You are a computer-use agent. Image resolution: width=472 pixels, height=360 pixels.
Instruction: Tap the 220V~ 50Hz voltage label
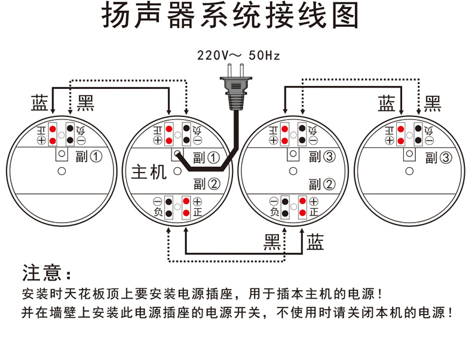pos(238,56)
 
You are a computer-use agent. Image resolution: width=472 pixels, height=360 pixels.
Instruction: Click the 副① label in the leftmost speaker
pos(89,157)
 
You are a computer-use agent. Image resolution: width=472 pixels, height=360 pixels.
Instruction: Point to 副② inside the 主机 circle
pos(206,183)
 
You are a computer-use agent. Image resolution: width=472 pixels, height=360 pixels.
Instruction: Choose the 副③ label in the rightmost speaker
pos(437,158)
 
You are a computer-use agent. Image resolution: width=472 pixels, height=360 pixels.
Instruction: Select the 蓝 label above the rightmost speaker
pos(387,103)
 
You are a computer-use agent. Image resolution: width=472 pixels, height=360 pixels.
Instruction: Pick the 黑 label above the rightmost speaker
pos(433,103)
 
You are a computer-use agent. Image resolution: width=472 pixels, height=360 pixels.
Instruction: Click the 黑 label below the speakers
pos(273,242)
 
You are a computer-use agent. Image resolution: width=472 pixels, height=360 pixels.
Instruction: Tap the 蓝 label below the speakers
pos(315,242)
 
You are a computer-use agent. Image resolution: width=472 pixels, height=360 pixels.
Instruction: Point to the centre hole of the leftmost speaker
pos(61,172)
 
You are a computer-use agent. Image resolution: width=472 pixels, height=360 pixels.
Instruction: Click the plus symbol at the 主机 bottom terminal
pos(198,202)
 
